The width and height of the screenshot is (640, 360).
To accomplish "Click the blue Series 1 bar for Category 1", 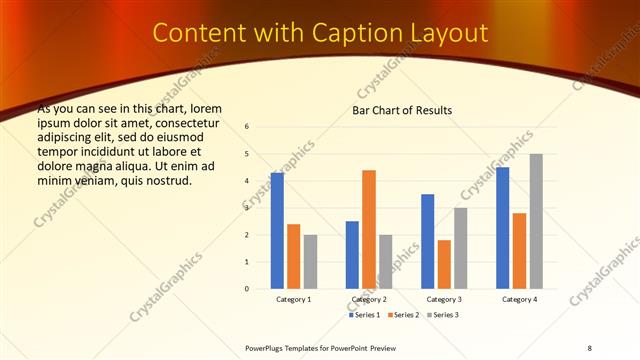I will (277, 231).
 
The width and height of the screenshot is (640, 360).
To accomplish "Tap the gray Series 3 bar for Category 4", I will (536, 221).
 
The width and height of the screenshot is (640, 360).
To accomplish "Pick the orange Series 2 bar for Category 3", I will (444, 264).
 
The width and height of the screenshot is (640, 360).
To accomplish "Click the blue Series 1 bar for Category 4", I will (502, 228).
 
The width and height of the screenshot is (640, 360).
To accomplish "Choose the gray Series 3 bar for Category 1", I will (310, 262).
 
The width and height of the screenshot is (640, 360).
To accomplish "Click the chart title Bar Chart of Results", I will (402, 109).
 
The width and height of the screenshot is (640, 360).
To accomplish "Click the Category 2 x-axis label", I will (369, 299).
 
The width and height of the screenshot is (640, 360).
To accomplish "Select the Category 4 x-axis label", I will (519, 299).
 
